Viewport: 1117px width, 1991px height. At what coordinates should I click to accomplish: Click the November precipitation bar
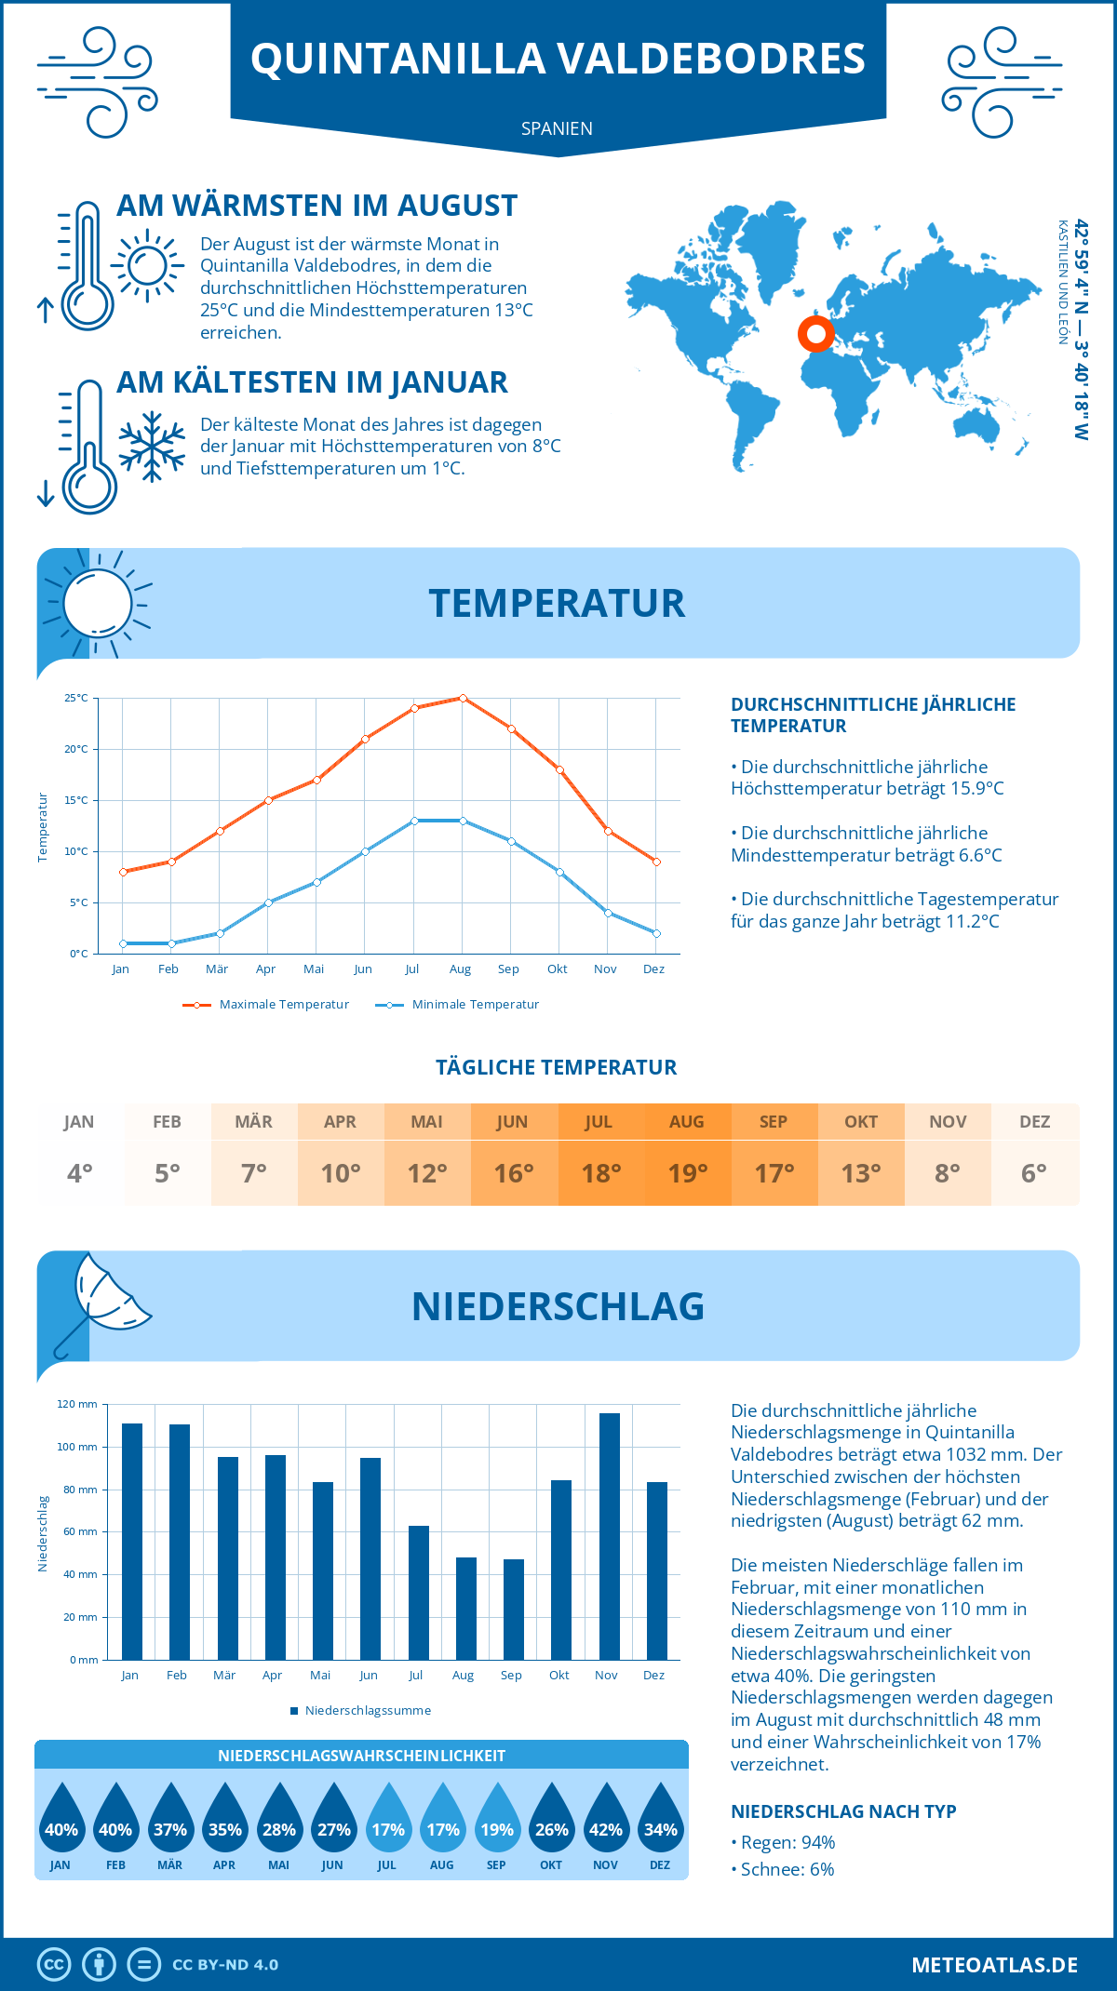[610, 1536]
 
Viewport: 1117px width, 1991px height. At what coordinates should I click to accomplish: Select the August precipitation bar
[466, 1609]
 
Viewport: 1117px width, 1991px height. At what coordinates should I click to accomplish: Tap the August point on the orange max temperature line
[463, 698]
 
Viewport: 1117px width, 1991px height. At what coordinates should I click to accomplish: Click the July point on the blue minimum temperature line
[414, 821]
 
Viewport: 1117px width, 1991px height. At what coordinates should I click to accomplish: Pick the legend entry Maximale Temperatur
[266, 1005]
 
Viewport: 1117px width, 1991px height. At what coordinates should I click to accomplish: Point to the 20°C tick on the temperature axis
[77, 749]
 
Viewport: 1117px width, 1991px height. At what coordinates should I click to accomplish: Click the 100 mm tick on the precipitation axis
[77, 1447]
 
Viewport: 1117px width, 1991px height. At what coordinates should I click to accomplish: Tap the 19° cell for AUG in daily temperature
[688, 1173]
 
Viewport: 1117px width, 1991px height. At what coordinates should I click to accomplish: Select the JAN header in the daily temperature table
[79, 1122]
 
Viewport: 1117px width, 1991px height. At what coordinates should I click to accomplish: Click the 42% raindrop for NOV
[606, 1823]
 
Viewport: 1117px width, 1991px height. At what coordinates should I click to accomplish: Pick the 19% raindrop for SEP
[497, 1823]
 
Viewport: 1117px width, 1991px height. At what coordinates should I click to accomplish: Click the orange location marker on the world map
[816, 333]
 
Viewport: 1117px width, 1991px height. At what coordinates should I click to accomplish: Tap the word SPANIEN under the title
[557, 128]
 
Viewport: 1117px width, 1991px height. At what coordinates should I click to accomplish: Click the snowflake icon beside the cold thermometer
[152, 447]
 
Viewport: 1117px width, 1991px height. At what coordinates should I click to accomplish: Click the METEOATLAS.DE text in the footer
[994, 1964]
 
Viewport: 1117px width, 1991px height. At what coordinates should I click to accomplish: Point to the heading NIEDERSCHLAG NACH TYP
[843, 1811]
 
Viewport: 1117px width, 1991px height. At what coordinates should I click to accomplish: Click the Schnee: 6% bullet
[783, 1869]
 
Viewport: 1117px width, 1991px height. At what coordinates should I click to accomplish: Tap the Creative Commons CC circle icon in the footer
[54, 1964]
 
